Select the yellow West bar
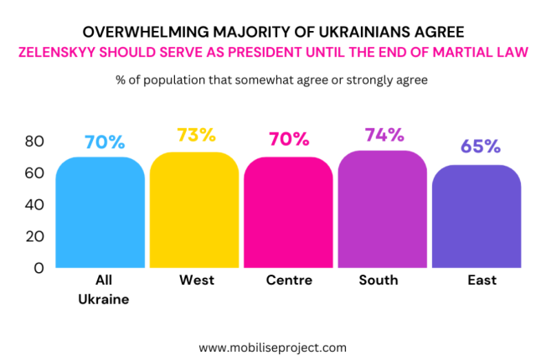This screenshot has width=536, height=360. pyautogui.click(x=194, y=211)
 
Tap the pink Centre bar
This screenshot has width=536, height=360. pyautogui.click(x=289, y=213)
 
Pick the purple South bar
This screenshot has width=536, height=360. pyautogui.click(x=383, y=209)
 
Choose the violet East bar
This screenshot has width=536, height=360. pyautogui.click(x=477, y=217)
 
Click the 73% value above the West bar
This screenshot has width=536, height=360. pyautogui.click(x=197, y=135)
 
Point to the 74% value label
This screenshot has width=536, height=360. pyautogui.click(x=384, y=135)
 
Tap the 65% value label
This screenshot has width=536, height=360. pyautogui.click(x=480, y=147)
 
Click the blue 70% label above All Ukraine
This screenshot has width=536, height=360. pyautogui.click(x=104, y=141)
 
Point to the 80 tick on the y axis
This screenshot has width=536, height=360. pyautogui.click(x=33, y=141)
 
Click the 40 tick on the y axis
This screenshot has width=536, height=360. pyautogui.click(x=33, y=205)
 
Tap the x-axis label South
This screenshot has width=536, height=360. pyautogui.click(x=379, y=280)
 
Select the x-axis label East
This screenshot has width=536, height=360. pyautogui.click(x=482, y=280)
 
